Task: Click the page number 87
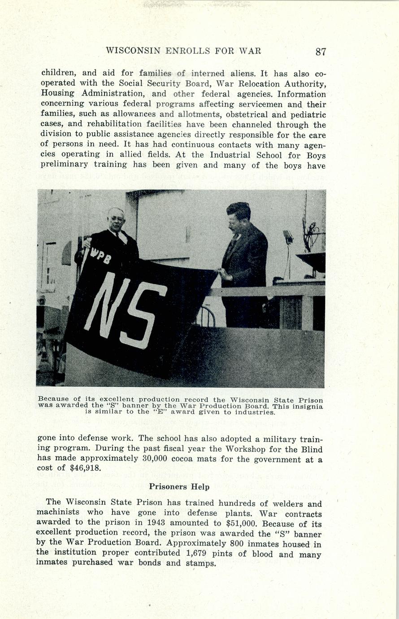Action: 320,52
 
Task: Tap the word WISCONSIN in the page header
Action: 133,51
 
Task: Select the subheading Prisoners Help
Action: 179,487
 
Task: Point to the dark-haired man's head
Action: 238,215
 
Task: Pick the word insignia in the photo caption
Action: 307,406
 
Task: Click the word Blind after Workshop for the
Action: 311,449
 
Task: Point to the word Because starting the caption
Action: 53,399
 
